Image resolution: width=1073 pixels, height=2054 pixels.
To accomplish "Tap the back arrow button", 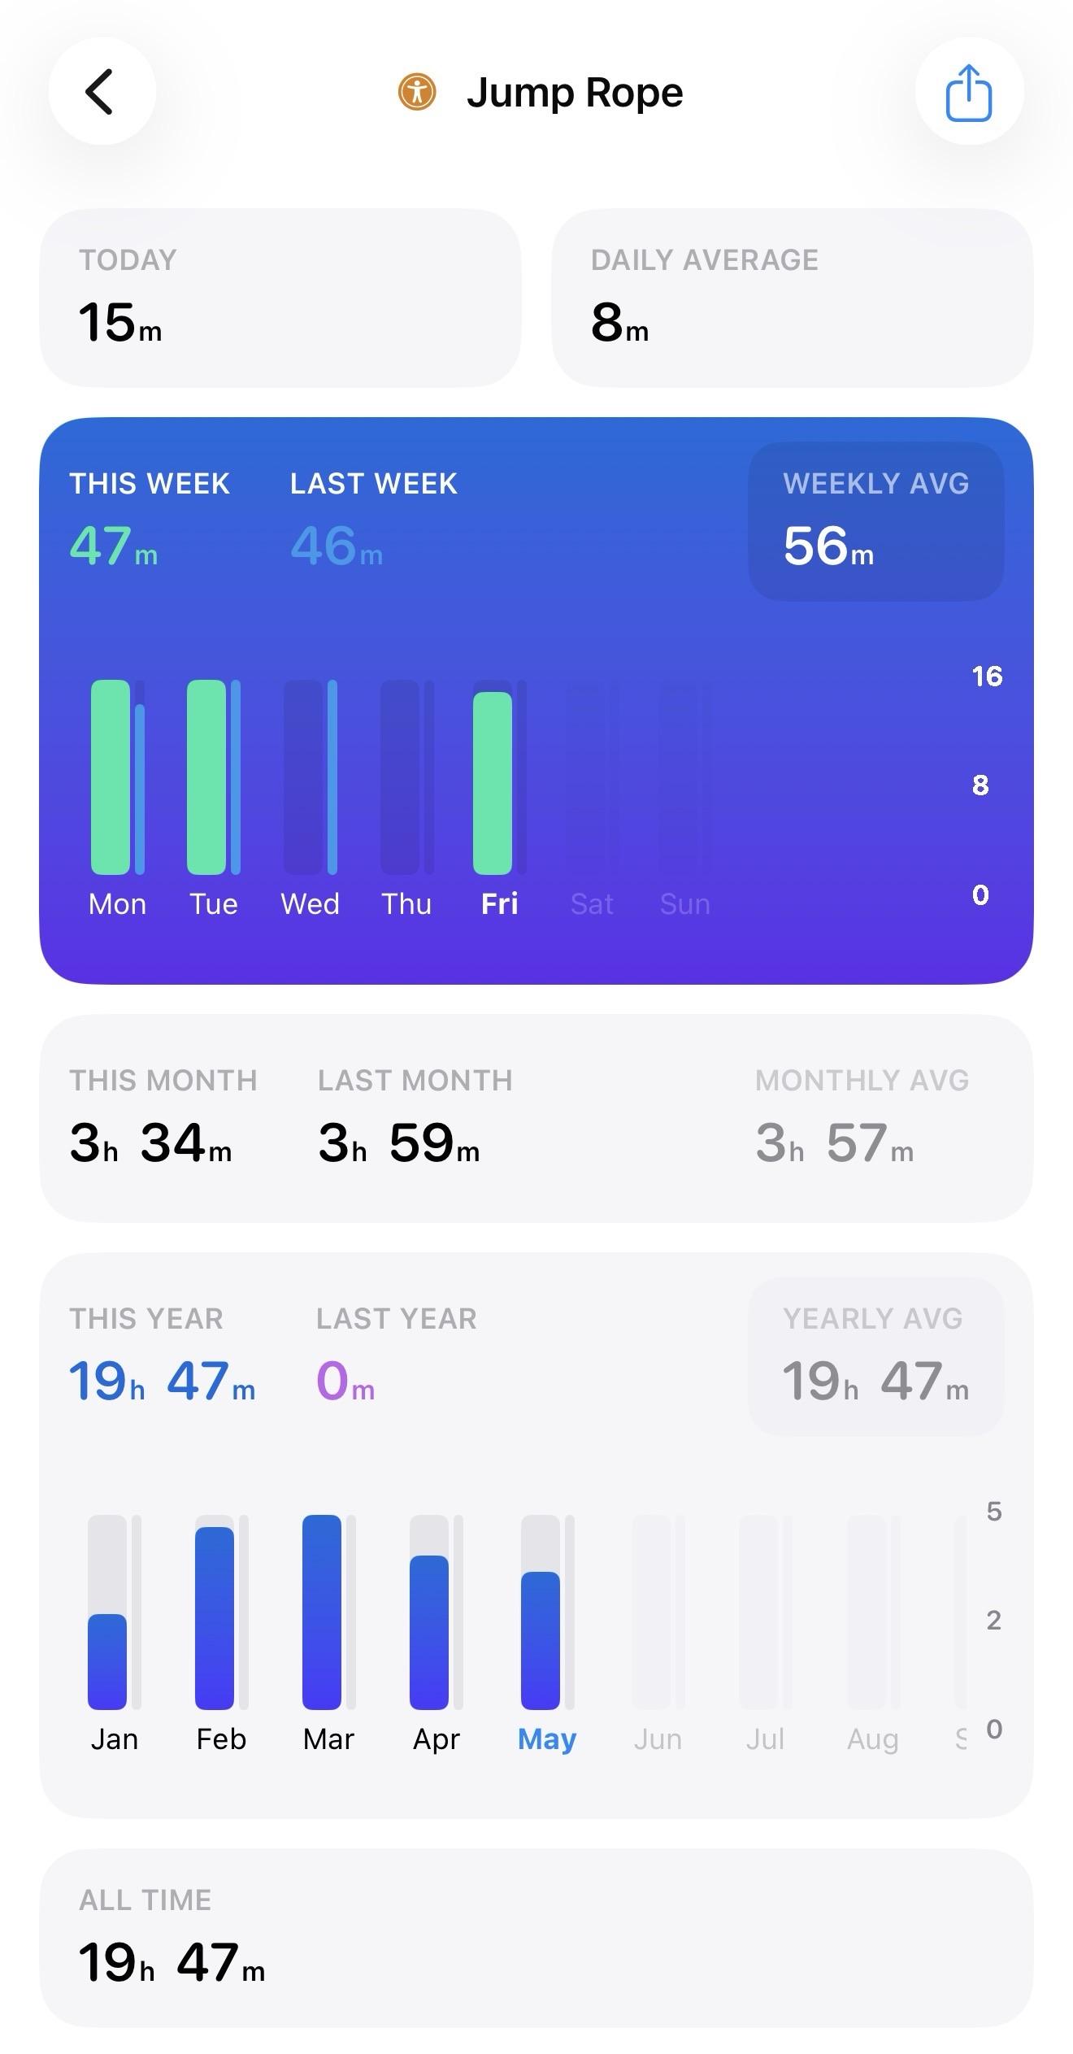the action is coord(102,91).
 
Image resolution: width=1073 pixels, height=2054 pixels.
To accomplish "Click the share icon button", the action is coord(969,92).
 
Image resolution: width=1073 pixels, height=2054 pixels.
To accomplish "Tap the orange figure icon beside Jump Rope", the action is coord(417,91).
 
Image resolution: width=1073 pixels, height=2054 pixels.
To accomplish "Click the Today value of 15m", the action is coord(120,322).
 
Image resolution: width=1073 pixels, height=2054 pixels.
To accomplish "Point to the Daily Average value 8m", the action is coord(620,322).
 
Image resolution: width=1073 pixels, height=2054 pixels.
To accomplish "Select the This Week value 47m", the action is coord(114,546).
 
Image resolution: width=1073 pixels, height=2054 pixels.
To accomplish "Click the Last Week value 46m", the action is coord(337,546).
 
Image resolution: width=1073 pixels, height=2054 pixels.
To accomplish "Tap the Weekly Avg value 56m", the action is coord(828,546).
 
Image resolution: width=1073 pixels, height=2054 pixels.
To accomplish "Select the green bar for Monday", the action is coord(111,777).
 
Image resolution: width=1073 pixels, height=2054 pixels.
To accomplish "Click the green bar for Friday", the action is coord(493,783).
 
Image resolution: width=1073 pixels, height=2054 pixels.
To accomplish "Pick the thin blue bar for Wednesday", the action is coord(332,777).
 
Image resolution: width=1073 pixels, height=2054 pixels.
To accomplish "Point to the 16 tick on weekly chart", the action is coord(987,677).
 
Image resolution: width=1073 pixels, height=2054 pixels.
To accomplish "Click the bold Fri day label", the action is coord(499,904).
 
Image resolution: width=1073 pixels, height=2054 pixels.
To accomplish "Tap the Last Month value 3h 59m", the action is coord(399,1142).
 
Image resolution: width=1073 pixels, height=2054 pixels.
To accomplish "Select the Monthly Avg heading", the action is coord(862,1081).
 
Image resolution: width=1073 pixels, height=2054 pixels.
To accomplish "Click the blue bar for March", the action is coord(322,1612).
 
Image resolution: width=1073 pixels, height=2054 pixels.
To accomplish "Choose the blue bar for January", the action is coord(107,1661).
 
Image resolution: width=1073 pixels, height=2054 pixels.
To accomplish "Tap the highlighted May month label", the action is coord(547,1739).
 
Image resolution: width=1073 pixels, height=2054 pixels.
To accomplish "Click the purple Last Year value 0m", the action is coord(345,1381).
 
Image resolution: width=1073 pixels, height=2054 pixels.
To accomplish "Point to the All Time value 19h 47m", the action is coord(172,1962).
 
